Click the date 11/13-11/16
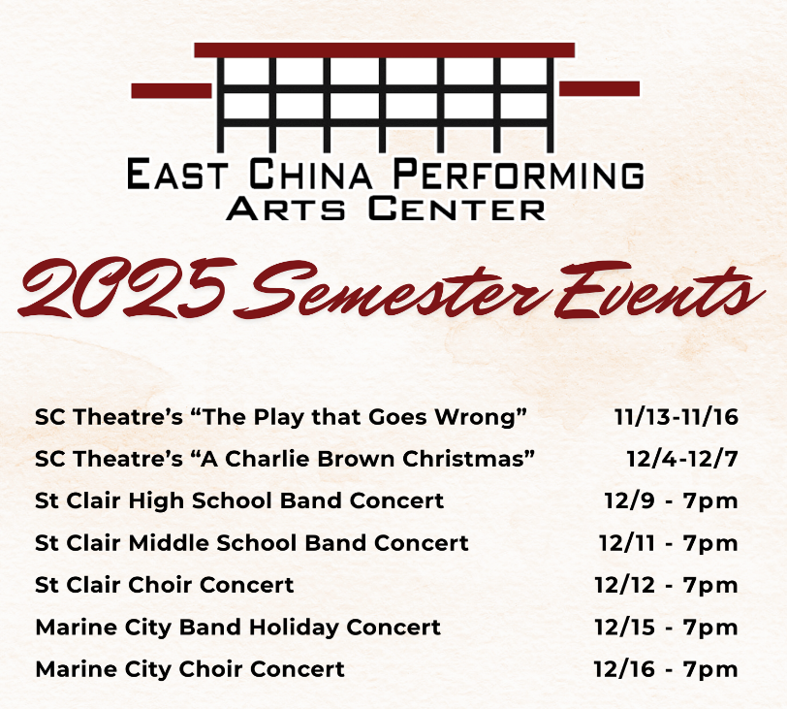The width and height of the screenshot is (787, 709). click(676, 418)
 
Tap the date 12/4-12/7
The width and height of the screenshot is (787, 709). click(681, 460)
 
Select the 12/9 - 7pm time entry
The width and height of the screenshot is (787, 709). click(671, 501)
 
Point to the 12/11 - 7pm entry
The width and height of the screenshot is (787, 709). click(668, 543)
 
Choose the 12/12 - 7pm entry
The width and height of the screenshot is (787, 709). click(666, 586)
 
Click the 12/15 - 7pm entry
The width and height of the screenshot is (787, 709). click(666, 628)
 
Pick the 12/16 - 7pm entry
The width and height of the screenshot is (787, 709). click(666, 669)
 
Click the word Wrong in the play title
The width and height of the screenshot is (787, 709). click(488, 418)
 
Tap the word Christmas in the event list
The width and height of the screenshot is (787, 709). click(474, 460)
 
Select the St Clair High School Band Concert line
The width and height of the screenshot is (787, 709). click(239, 501)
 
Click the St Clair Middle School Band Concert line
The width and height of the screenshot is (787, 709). click(251, 543)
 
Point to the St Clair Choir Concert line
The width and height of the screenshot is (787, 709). click(164, 586)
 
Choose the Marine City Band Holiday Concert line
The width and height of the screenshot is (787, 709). click(237, 628)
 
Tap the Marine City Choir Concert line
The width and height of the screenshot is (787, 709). click(189, 669)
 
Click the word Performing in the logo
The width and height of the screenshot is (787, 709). click(518, 175)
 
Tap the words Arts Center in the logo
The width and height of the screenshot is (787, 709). click(385, 208)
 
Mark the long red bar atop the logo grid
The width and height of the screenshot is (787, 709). click(384, 49)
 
